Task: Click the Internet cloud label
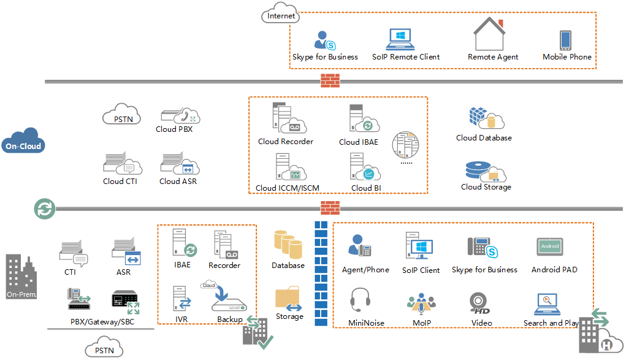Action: click(x=281, y=15)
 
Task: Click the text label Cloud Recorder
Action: click(x=285, y=142)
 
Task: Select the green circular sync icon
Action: click(x=44, y=209)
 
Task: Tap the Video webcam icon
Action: click(x=479, y=302)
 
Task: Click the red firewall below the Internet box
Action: click(x=330, y=81)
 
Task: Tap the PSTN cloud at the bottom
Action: click(x=103, y=350)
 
